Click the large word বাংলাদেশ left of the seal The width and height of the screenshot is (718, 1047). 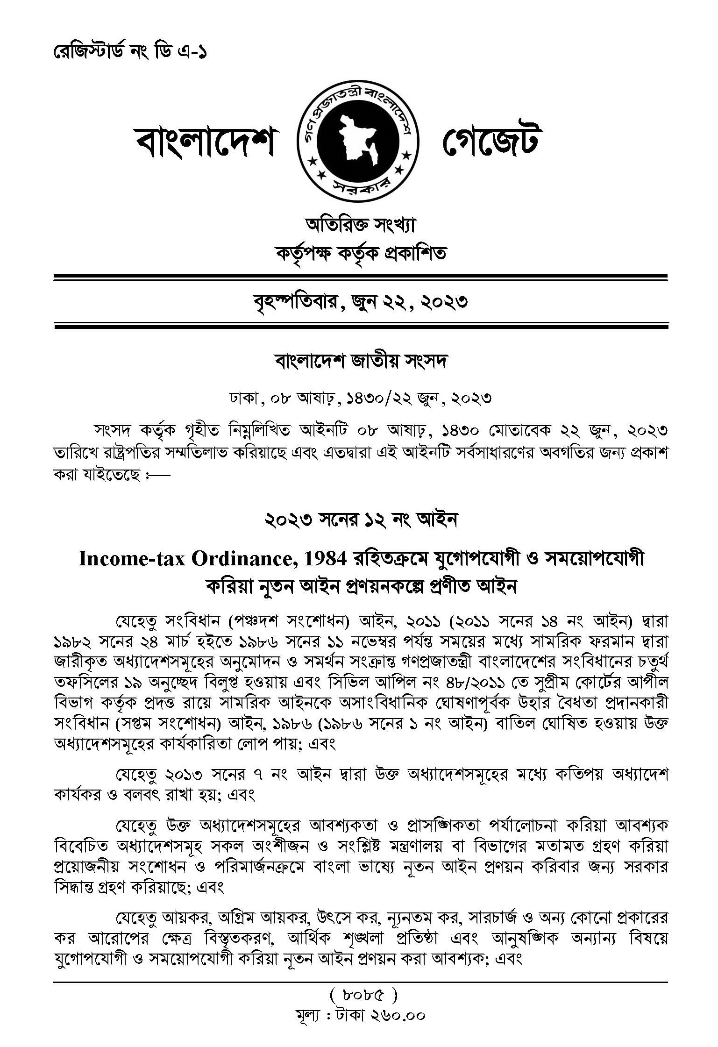pyautogui.click(x=205, y=141)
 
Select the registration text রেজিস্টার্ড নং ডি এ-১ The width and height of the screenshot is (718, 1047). pyautogui.click(x=129, y=51)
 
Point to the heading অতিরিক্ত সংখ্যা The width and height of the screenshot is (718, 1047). pyautogui.click(x=359, y=226)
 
